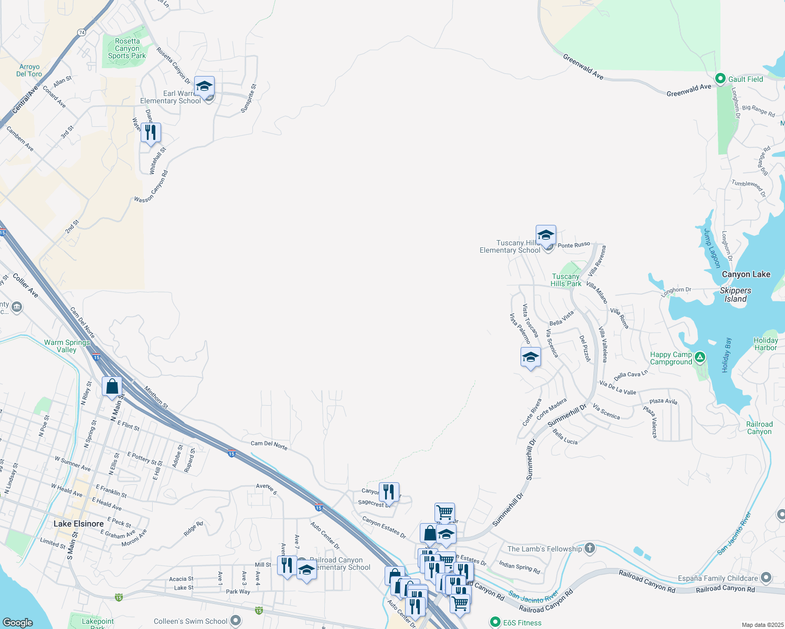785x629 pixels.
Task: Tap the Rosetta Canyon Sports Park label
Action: pyautogui.click(x=127, y=48)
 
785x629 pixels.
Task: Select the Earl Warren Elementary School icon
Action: pyautogui.click(x=204, y=86)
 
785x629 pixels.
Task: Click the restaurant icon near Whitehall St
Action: pyautogui.click(x=151, y=132)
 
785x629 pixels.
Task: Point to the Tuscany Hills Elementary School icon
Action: pyautogui.click(x=546, y=235)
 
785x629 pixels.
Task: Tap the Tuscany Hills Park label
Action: pyautogui.click(x=566, y=280)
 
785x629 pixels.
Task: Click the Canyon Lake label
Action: pyautogui.click(x=746, y=274)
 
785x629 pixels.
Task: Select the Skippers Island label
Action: pyautogui.click(x=735, y=295)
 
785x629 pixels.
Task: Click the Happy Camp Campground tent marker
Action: pyautogui.click(x=699, y=358)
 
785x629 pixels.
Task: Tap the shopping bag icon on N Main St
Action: pyautogui.click(x=112, y=387)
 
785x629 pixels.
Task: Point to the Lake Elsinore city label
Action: pyautogui.click(x=79, y=524)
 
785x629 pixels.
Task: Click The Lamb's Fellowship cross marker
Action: pyautogui.click(x=590, y=548)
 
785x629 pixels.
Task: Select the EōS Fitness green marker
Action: pyautogui.click(x=495, y=622)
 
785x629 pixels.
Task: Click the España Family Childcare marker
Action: pyautogui.click(x=766, y=578)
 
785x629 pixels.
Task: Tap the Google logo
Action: pyautogui.click(x=17, y=622)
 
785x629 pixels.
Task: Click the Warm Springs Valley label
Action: pyautogui.click(x=67, y=346)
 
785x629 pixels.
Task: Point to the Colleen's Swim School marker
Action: pyautogui.click(x=236, y=621)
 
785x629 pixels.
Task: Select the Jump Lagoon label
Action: pyautogui.click(x=712, y=248)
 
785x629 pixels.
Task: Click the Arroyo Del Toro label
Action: pyautogui.click(x=29, y=70)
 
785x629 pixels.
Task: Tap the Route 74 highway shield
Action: pyautogui.click(x=81, y=32)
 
